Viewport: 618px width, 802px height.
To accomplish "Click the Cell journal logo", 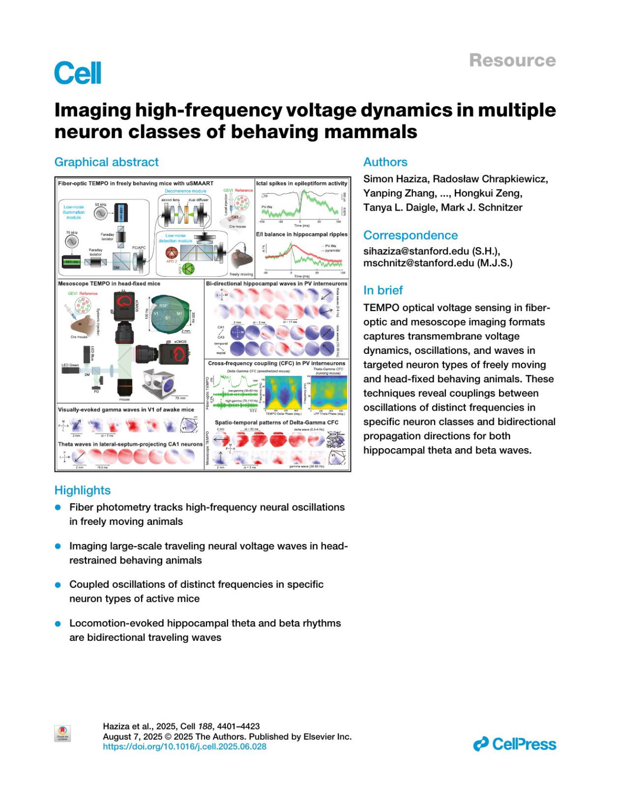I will tap(78, 73).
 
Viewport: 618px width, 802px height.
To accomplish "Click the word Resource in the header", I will tap(512, 60).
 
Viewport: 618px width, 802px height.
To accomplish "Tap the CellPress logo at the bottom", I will tap(514, 744).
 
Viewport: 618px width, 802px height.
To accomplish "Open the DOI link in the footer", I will tap(184, 746).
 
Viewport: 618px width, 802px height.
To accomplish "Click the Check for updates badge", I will tap(62, 733).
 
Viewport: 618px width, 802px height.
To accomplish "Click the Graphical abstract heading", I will tap(107, 162).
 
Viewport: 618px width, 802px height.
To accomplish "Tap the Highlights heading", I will tap(82, 490).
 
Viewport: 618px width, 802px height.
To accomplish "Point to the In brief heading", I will tap(383, 290).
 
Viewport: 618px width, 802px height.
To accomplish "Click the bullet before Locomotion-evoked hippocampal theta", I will tap(58, 624).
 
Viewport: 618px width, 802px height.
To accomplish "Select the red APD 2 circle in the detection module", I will tap(171, 252).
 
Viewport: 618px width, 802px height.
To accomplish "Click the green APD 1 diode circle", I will tap(188, 268).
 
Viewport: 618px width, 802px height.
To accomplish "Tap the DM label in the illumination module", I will tap(116, 267).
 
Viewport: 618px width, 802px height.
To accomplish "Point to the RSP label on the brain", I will tap(163, 305).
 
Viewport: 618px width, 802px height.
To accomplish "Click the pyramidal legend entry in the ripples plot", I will tap(332, 251).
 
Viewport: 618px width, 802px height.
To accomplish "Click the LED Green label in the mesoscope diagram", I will tap(71, 365).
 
